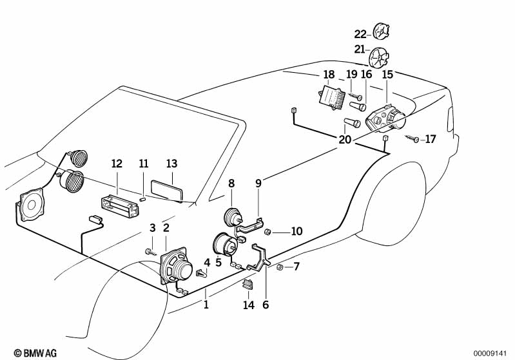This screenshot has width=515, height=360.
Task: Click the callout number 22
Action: click(360, 33)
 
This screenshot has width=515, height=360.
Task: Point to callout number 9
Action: click(258, 184)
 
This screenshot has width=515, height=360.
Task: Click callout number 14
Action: click(249, 305)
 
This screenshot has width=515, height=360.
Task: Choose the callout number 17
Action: click(431, 138)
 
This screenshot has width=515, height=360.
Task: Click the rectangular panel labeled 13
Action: click(167, 191)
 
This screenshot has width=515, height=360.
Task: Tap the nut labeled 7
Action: click(280, 267)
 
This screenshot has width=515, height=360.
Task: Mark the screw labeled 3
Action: click(150, 251)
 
